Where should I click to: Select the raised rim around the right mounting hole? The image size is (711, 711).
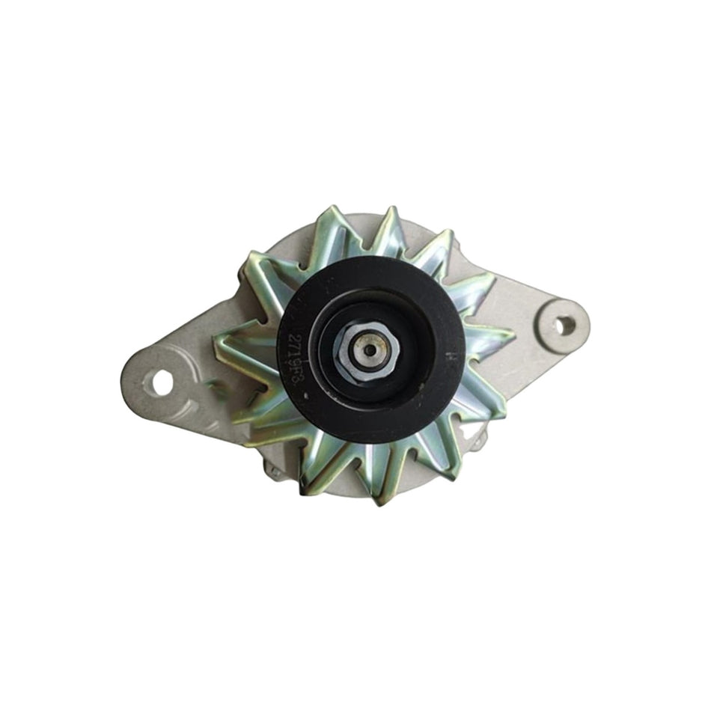tap(566, 307)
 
